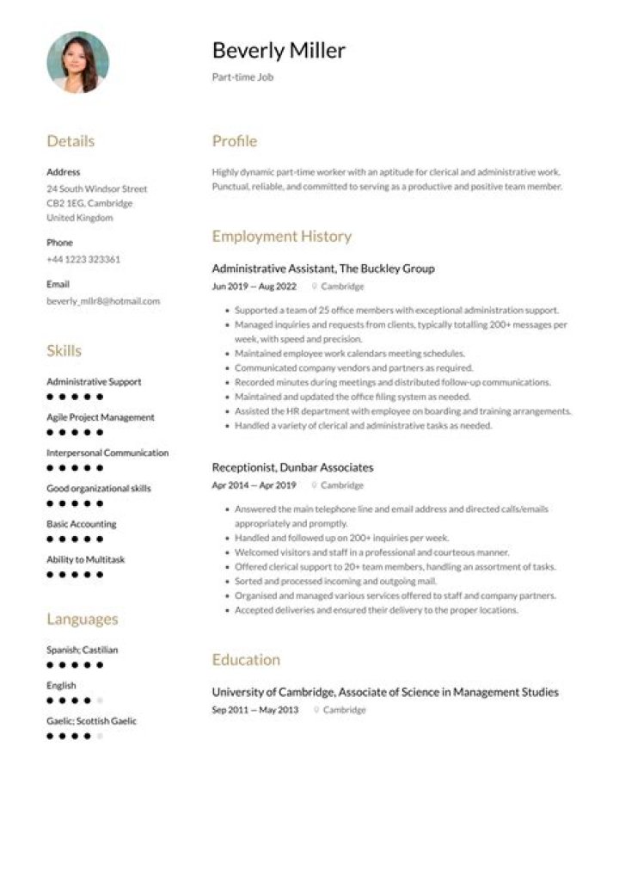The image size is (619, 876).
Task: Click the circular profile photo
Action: coord(77,62)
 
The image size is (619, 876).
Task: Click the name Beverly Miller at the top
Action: coord(279,51)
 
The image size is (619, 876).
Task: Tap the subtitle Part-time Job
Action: coord(242,77)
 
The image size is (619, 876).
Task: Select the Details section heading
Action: coord(70,141)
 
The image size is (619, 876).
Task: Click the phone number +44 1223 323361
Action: coord(83,259)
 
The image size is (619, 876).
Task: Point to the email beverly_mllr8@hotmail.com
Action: coord(103,301)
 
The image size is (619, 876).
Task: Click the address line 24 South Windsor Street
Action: coord(97,188)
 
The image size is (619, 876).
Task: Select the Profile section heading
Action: coord(235,141)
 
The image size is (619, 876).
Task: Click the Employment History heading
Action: coord(282,237)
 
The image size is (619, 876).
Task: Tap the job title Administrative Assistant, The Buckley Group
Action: coord(323,268)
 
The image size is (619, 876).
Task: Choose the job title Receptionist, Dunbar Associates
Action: coord(292,467)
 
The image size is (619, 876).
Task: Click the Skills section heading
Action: coord(64,351)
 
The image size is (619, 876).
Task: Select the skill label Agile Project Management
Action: coord(101,417)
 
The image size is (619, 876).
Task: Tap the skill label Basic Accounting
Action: coord(82,524)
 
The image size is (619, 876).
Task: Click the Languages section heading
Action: coord(83,620)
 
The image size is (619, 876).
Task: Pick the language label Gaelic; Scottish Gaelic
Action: coord(91,721)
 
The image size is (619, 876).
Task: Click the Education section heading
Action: coord(246,660)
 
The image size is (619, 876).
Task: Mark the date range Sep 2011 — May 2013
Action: coord(255,710)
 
